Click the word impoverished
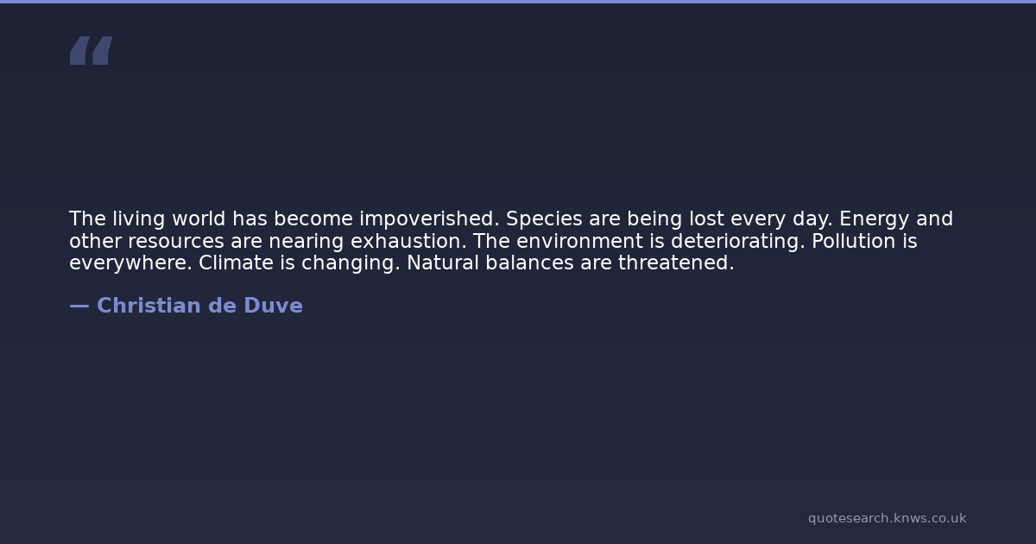click(429, 219)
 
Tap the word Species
click(544, 219)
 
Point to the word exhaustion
click(408, 241)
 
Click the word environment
click(579, 241)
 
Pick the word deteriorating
click(738, 242)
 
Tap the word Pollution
click(853, 241)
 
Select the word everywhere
click(130, 263)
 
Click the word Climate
click(236, 263)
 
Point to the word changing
click(351, 263)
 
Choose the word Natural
click(443, 263)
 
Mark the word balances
click(529, 263)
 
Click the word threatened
click(676, 263)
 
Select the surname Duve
click(273, 306)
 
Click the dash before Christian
click(79, 307)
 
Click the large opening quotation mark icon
click(92, 50)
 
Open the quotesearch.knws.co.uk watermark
click(888, 519)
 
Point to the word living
click(139, 219)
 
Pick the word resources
click(176, 242)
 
